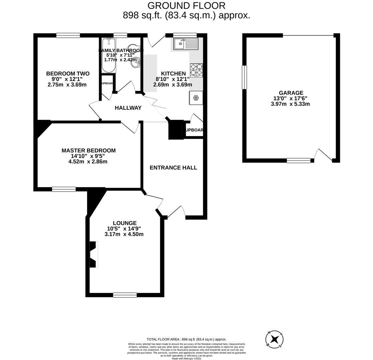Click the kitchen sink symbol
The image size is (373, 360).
tap(186, 44)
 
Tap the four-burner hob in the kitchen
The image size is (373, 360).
tap(196, 70)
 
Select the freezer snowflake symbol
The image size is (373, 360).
tap(196, 98)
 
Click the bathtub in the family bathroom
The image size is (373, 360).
tap(109, 55)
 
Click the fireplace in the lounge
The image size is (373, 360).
tap(94, 255)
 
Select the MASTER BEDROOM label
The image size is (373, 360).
tap(88, 151)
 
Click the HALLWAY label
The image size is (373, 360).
tap(128, 108)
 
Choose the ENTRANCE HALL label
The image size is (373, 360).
tap(173, 168)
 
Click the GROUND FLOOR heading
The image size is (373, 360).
tap(186, 6)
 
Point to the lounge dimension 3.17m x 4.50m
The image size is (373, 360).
tap(124, 234)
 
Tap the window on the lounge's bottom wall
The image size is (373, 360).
tap(125, 295)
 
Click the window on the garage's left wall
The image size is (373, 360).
tap(244, 77)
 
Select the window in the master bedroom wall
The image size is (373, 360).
tap(64, 189)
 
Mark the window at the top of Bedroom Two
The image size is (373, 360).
tap(68, 35)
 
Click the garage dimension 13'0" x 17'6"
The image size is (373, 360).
tap(290, 99)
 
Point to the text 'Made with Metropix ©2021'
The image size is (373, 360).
tap(186, 358)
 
